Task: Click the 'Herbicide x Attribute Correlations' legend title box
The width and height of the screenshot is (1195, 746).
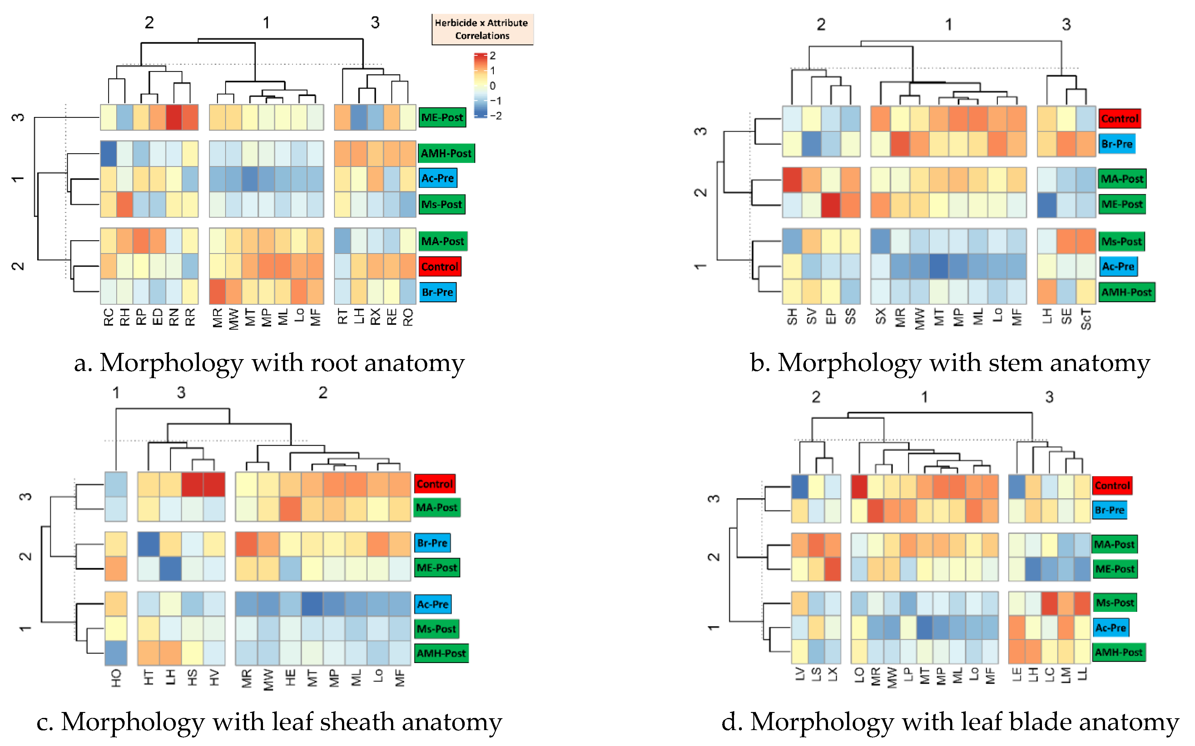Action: [482, 29]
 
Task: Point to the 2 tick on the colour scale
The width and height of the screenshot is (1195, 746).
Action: [492, 56]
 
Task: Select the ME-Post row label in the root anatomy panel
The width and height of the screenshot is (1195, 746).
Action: [442, 117]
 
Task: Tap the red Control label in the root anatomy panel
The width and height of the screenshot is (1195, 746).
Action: [439, 267]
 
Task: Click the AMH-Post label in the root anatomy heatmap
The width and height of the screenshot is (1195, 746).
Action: [446, 154]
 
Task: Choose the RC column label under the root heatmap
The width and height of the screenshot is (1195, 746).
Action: [109, 317]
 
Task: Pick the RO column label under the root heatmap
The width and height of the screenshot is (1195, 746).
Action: [408, 317]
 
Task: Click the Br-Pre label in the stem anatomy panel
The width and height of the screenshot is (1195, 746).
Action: [1117, 144]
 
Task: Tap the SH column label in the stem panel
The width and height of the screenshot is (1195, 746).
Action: [792, 317]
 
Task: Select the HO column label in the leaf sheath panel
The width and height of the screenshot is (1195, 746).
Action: [116, 678]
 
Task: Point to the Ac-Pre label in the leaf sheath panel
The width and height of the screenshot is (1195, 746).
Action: [433, 604]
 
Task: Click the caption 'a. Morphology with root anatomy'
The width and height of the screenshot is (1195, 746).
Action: [269, 363]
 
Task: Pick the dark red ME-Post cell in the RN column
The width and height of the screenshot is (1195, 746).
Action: [174, 117]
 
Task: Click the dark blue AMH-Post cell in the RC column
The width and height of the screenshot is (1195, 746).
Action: [109, 154]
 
